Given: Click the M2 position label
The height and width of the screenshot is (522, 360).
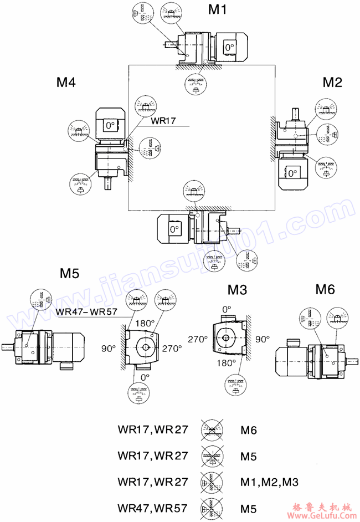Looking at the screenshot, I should point(332,83).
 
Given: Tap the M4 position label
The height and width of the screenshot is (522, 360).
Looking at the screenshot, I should point(66,83).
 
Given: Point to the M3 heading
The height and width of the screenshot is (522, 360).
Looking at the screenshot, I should point(236,289).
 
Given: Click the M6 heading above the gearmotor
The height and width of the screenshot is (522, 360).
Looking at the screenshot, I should point(325,289).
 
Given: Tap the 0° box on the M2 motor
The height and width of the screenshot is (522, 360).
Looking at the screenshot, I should point(292,173).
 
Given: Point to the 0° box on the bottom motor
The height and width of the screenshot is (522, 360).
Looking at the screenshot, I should point(174,228).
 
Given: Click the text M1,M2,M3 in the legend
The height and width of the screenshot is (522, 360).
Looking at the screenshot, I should point(269,482).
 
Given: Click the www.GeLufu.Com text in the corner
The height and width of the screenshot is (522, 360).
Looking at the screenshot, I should point(324,515).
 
